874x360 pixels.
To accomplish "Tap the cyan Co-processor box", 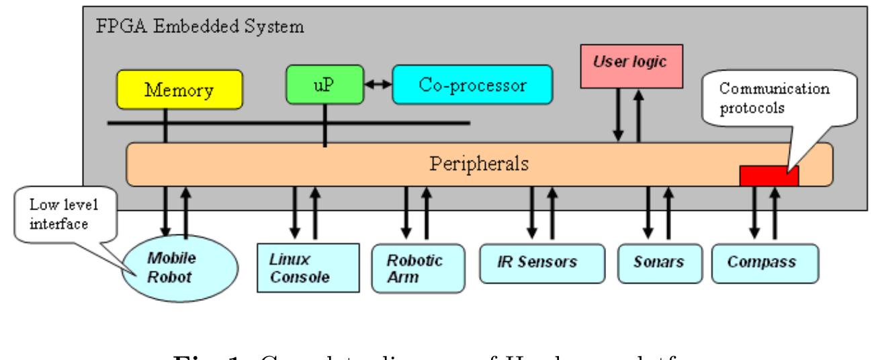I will point(472,85).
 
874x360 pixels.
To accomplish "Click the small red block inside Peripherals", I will point(769,175).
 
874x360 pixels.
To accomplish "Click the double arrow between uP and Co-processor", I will point(377,85).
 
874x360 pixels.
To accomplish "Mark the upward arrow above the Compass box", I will point(775,213).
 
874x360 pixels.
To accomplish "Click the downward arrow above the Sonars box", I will point(649,213).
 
